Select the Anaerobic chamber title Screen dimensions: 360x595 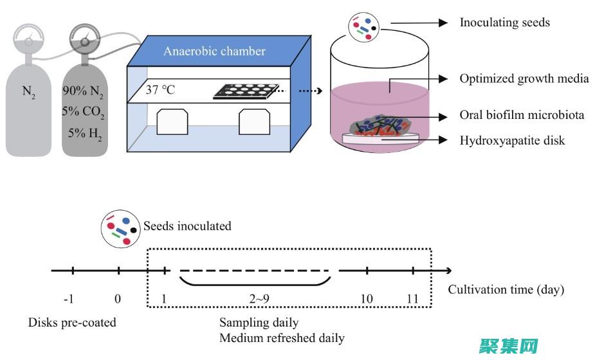pos(214,51)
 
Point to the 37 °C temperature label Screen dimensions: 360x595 pos(161,89)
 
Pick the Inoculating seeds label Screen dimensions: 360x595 pos(504,22)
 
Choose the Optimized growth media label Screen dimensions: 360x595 pos(524,78)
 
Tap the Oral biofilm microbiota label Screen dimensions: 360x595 pos(522,116)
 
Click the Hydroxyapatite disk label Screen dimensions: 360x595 pos(512,139)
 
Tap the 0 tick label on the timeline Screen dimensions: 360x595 pos(118,299)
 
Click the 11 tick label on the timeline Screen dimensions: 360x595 pos(413,299)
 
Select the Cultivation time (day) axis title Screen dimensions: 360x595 pos(506,289)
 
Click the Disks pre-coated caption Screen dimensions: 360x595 pos(72,322)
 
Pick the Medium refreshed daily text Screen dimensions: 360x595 pos(282,337)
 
